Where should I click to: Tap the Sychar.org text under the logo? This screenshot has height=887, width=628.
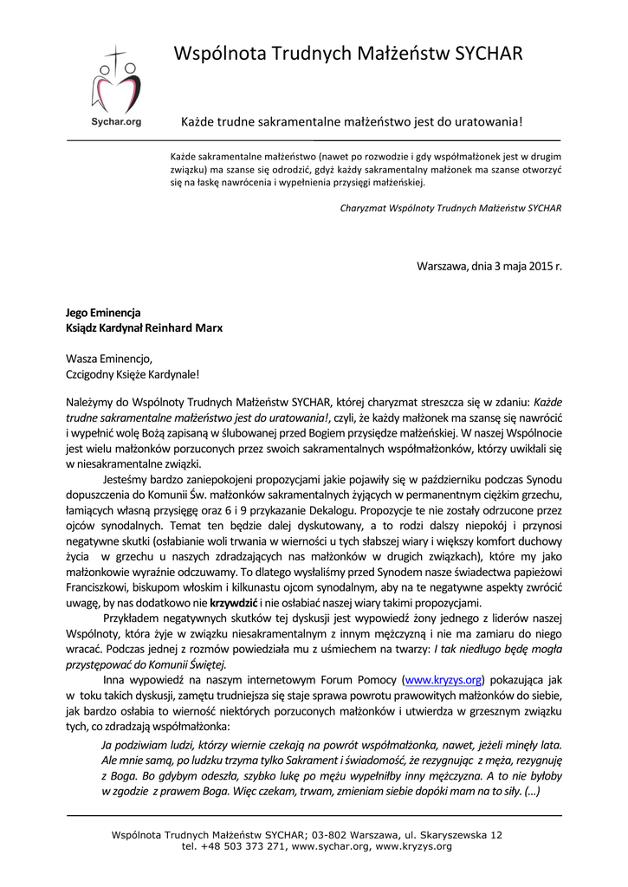(x=116, y=122)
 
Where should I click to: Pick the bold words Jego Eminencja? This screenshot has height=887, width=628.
(x=103, y=313)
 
